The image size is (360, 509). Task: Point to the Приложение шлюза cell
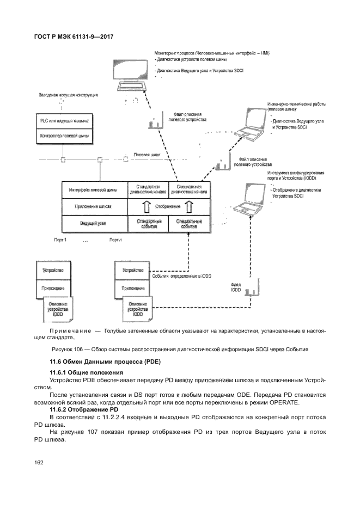tap(94, 207)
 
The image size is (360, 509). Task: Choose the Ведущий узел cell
tap(94, 224)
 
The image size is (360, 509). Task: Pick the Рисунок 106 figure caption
tap(180, 349)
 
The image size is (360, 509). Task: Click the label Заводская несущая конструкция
tap(68, 95)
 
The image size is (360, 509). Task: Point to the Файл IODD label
tap(235, 287)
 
